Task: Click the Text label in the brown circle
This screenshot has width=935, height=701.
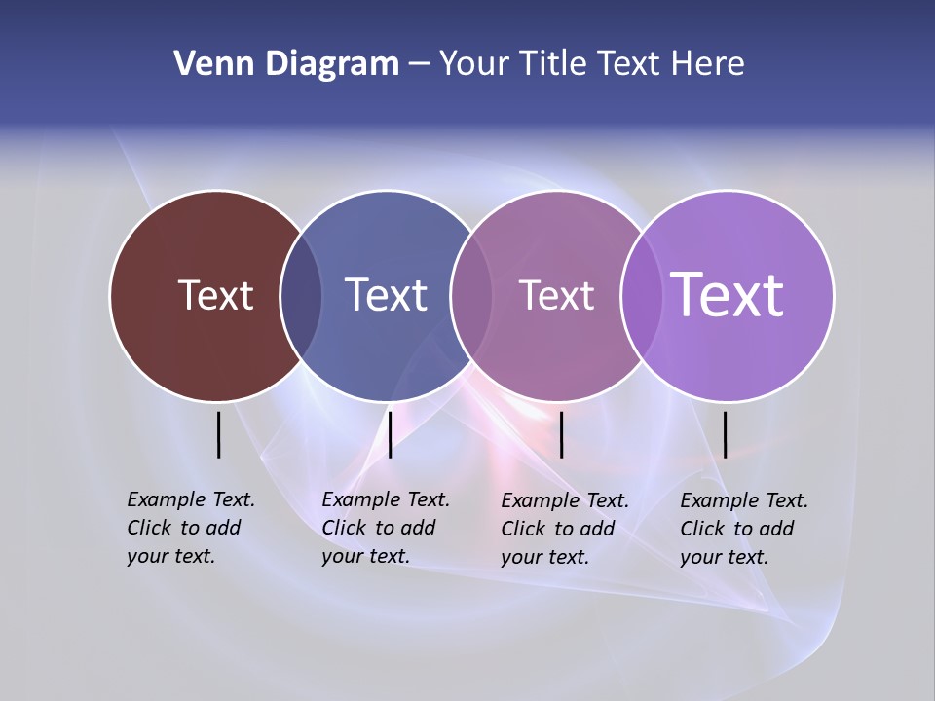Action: coord(215,295)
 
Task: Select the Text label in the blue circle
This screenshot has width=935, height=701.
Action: coord(386,295)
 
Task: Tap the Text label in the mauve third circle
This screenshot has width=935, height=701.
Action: coord(556,295)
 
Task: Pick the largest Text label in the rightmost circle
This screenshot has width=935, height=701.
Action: coord(728,294)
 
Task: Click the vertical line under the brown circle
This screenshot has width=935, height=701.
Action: coord(219,434)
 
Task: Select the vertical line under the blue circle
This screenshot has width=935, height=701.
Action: coord(390,434)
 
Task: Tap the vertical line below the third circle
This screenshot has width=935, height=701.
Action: coord(562,434)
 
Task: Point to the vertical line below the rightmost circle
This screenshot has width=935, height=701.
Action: coord(726,434)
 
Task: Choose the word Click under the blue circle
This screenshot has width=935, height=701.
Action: coord(345,528)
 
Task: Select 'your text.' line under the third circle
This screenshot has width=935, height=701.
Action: coord(545,557)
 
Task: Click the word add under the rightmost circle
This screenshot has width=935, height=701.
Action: coord(775,529)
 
